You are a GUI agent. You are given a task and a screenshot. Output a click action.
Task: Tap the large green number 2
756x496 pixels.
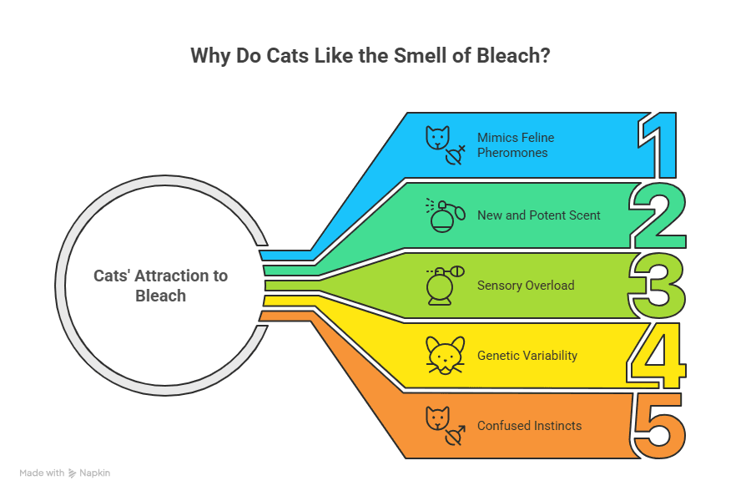point(658,215)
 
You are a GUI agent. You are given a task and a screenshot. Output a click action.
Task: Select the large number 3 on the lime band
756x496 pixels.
point(658,286)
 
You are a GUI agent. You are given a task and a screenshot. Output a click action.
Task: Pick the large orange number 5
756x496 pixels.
point(658,426)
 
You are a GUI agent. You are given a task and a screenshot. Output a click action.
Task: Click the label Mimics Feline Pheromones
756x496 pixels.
point(516,145)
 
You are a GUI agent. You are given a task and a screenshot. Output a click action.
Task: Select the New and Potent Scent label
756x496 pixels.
point(538,215)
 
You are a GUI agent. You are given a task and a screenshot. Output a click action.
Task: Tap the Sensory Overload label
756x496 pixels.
point(526,286)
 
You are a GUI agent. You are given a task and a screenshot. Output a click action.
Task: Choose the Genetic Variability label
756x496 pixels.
point(527,356)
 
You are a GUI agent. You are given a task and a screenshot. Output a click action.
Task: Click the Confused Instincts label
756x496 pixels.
point(529,426)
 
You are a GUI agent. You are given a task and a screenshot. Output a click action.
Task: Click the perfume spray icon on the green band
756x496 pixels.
point(446,215)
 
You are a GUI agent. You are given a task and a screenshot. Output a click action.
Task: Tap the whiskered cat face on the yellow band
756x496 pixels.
point(446,356)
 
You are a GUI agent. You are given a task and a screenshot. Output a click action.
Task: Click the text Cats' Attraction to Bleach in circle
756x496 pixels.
point(160,286)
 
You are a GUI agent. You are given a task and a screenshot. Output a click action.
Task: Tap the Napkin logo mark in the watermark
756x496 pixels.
point(73,473)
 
